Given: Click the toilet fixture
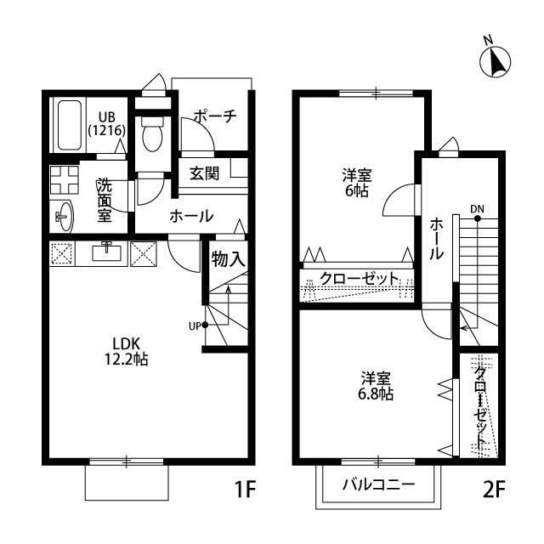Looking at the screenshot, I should (153, 135).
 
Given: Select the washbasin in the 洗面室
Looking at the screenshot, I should (64, 215).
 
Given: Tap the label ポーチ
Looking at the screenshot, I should (213, 116).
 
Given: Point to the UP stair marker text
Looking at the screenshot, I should (195, 325).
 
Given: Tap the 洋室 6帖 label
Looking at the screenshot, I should (355, 183).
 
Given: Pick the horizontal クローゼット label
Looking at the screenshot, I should (360, 278).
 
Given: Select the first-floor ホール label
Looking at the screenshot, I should (191, 216).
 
